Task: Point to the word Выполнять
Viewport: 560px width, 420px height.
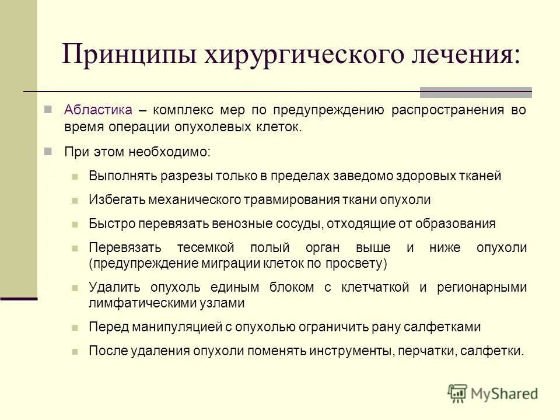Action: (x=120, y=176)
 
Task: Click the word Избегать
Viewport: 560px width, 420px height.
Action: (x=116, y=199)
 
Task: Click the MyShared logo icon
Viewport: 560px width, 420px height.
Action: (x=459, y=393)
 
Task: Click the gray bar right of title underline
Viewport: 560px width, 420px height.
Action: (x=476, y=92)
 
